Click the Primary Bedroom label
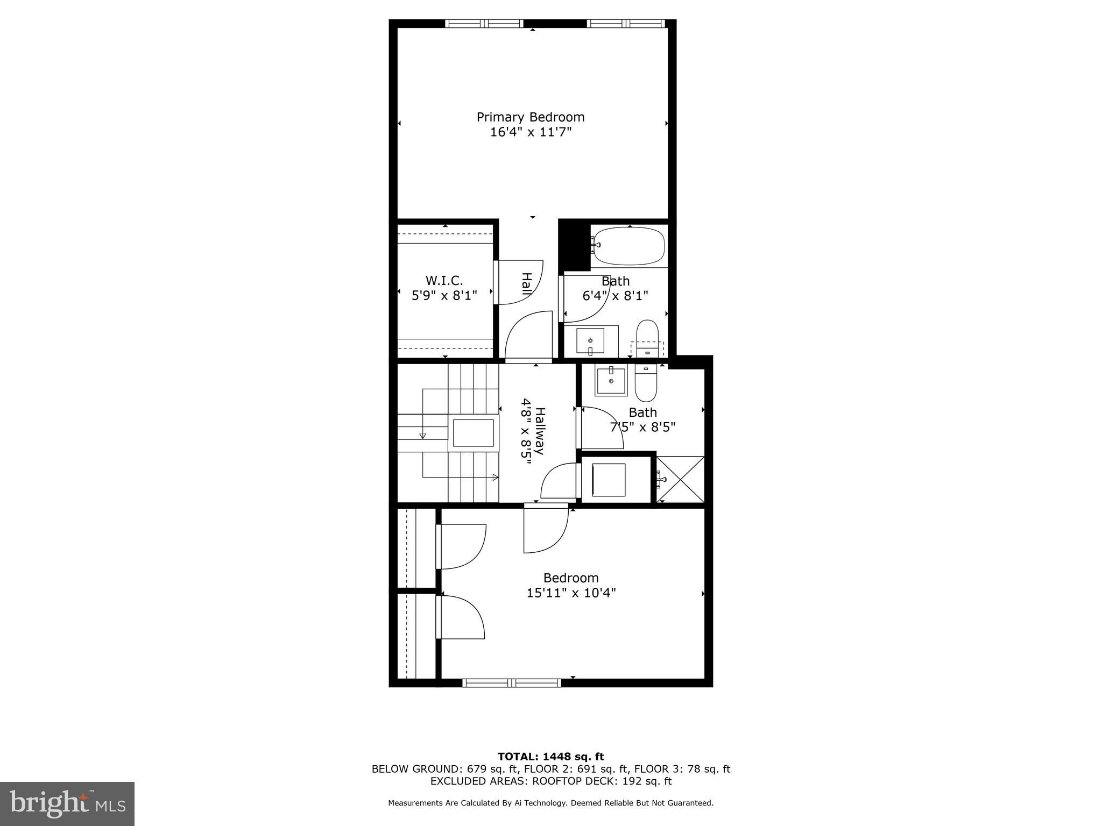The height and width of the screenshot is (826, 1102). (x=531, y=117)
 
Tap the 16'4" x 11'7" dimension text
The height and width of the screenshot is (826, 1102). (x=531, y=132)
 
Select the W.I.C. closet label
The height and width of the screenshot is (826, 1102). (x=444, y=281)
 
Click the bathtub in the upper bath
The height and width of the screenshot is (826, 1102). (x=627, y=246)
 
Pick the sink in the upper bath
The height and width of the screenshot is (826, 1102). (x=590, y=341)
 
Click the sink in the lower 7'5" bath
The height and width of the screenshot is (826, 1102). (x=611, y=381)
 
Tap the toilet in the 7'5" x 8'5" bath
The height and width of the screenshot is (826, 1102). (x=646, y=383)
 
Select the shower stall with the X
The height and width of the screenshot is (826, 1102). (x=680, y=479)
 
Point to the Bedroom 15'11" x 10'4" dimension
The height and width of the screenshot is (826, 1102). (x=571, y=593)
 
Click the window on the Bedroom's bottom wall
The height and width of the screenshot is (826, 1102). (x=512, y=683)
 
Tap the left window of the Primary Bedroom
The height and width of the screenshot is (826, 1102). (x=484, y=24)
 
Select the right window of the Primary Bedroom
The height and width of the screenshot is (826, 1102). (x=626, y=24)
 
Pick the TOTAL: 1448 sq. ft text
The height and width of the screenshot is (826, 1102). (x=550, y=757)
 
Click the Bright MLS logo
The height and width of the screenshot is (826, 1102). (x=67, y=804)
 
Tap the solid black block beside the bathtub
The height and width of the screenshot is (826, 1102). (x=575, y=245)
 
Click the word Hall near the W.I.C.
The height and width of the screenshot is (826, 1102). (x=527, y=283)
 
